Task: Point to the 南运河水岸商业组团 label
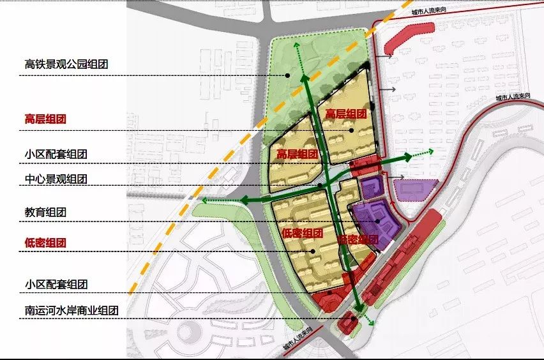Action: pos(72,311)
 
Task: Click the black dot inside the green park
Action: pos(289,75)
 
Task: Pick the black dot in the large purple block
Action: pos(378,221)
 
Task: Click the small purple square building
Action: pos(370,188)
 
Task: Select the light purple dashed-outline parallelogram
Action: pos(416,190)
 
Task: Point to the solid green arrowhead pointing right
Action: pos(405,157)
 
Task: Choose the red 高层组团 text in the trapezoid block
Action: pos(345,114)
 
